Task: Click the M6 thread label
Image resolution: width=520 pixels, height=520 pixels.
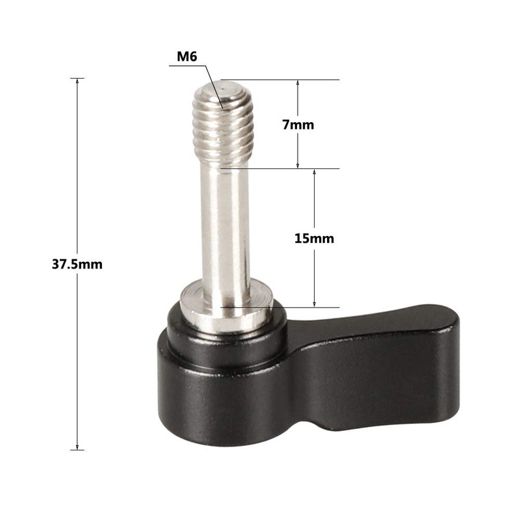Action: pyautogui.click(x=188, y=57)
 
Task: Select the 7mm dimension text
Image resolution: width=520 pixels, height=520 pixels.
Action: pyautogui.click(x=298, y=125)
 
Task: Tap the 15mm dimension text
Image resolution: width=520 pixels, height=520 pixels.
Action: pyautogui.click(x=314, y=239)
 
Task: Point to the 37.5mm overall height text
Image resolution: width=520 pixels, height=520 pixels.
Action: pyautogui.click(x=77, y=265)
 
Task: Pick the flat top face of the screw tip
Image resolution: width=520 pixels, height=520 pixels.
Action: pyautogui.click(x=223, y=86)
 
